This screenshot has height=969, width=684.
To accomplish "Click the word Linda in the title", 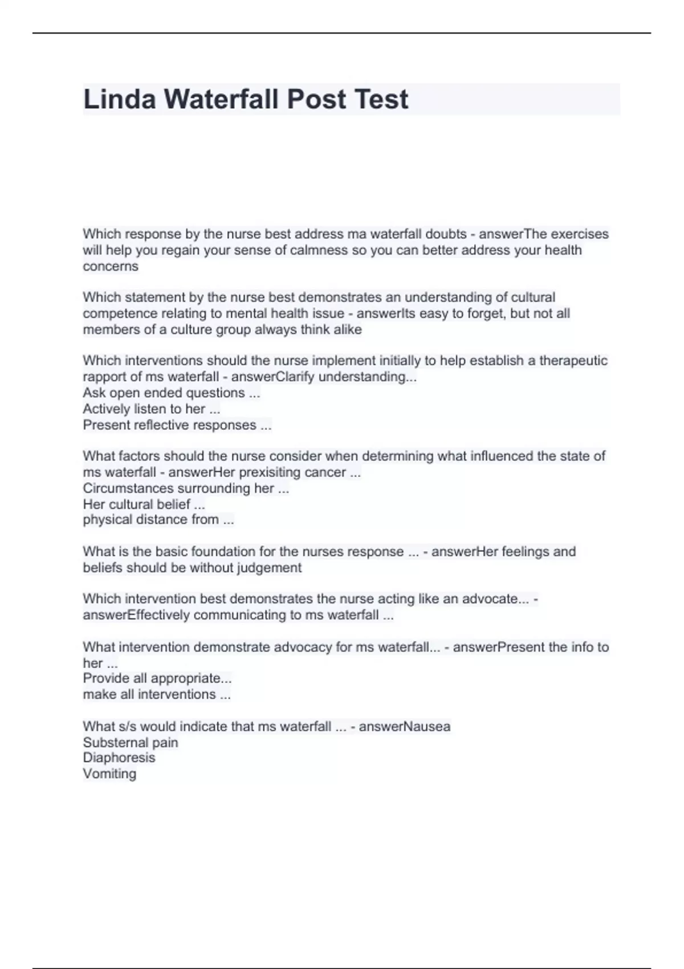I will (119, 99).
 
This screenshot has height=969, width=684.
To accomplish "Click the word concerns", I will (111, 266).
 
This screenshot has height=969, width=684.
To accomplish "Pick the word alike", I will (347, 329).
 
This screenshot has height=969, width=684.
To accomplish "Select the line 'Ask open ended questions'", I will (171, 393).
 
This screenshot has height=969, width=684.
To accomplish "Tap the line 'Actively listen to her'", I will (151, 409).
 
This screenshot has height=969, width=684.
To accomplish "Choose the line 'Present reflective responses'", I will (177, 425).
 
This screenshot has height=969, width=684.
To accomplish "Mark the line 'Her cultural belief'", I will (144, 504).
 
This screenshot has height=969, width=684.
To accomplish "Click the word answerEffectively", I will (136, 615).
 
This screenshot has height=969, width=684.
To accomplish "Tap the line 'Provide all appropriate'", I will (157, 678).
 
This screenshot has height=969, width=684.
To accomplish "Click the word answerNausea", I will (404, 727).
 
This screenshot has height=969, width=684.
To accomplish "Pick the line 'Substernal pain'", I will (131, 743).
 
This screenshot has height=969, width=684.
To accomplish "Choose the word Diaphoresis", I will (119, 758).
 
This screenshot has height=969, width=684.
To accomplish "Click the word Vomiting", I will (109, 774).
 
